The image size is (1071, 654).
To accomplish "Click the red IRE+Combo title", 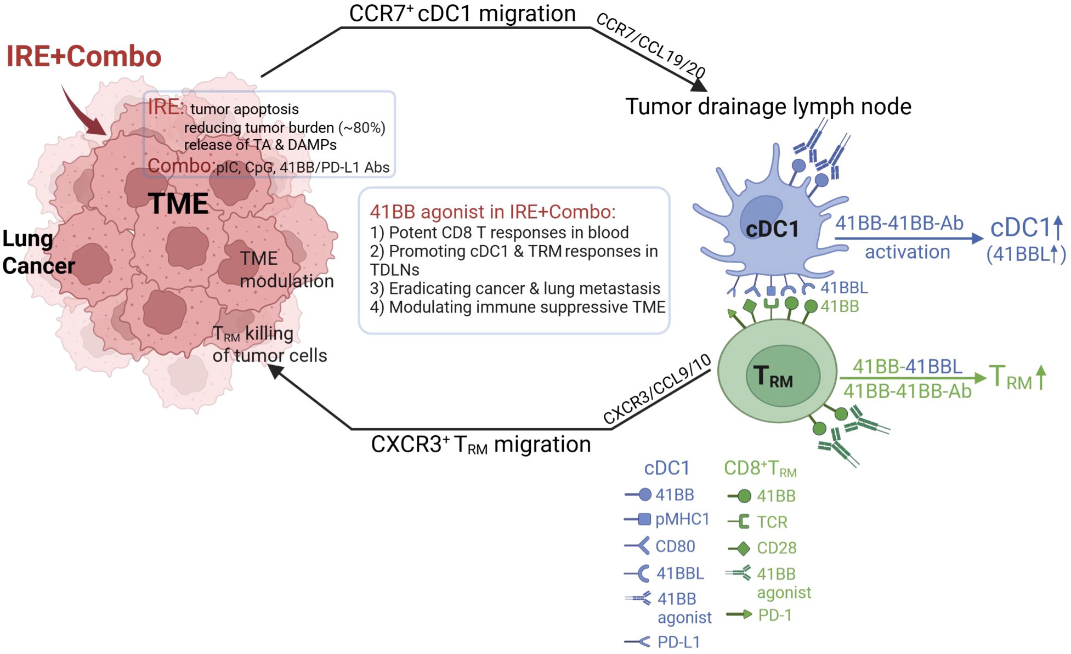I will click(x=83, y=56).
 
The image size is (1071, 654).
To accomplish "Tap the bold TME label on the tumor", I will click(x=178, y=203).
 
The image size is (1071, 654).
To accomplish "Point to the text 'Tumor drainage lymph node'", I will click(x=768, y=106).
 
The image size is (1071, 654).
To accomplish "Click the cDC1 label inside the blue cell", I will click(x=772, y=229).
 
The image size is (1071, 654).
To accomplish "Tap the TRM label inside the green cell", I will click(x=773, y=377).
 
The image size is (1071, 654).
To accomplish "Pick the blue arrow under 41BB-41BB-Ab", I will click(x=908, y=238).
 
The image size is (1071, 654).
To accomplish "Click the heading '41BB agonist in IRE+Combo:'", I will click(x=492, y=212).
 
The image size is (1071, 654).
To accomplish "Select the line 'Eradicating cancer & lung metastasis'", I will click(x=515, y=288).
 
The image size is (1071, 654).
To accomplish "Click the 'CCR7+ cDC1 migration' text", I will click(x=462, y=13).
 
